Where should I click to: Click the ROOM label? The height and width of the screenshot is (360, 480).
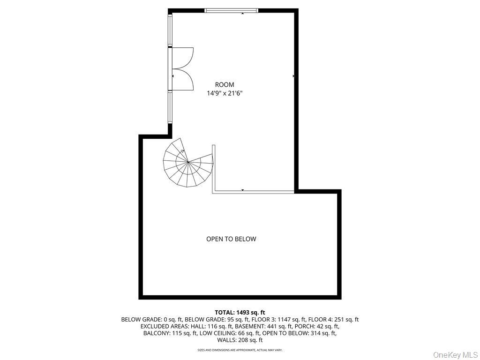click(225, 85)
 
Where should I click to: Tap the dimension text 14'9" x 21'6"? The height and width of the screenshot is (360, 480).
click(225, 93)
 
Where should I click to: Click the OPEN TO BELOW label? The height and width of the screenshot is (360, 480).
click(231, 239)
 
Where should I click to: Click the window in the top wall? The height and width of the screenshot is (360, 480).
click(232, 11)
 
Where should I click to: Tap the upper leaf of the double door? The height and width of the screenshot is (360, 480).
click(182, 58)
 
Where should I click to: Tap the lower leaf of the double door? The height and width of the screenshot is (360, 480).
click(182, 80)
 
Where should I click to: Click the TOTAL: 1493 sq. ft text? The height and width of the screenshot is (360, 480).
click(240, 313)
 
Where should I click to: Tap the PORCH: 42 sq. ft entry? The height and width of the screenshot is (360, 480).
click(314, 326)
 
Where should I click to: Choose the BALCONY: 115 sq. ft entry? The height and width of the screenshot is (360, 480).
click(170, 333)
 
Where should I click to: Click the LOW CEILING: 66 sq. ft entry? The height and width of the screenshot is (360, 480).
click(230, 333)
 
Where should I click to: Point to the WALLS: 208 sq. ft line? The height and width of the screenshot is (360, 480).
click(240, 340)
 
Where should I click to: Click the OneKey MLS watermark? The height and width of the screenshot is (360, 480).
click(456, 355)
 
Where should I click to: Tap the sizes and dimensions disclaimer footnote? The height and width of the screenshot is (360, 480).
click(240, 350)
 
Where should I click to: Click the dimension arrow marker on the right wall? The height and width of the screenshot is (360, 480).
click(293, 76)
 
